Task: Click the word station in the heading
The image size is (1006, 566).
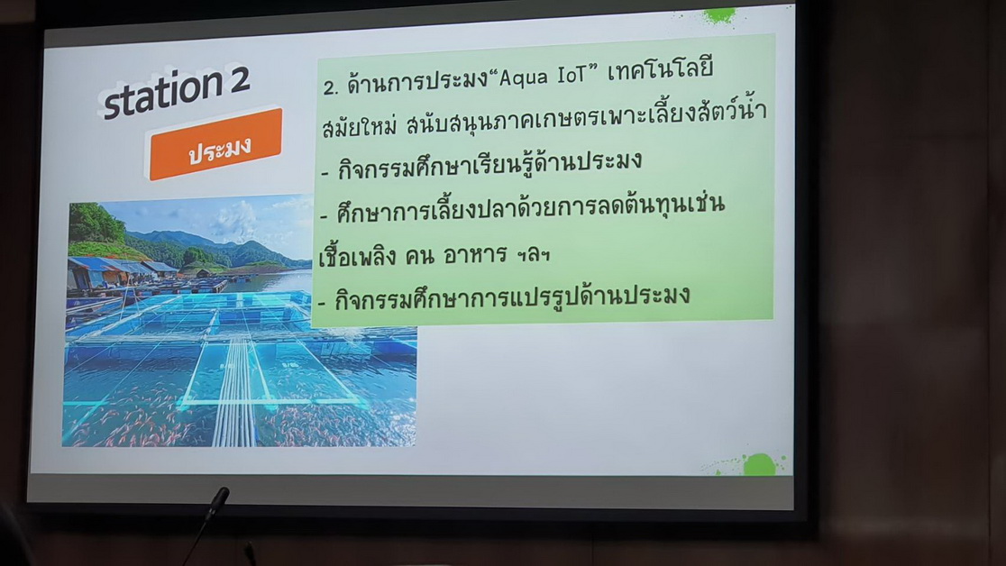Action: [162, 94]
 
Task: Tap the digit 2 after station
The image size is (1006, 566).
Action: [238, 80]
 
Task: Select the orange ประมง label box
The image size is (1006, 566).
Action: [216, 144]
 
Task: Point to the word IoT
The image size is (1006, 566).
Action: [572, 75]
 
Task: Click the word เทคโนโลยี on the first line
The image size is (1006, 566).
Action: [660, 69]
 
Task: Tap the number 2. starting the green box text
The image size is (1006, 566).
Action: [331, 87]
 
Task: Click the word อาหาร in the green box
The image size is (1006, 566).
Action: [475, 255]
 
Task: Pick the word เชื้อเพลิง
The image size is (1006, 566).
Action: [357, 256]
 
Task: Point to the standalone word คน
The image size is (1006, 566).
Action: [418, 255]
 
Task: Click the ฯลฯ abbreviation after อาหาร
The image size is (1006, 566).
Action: [533, 255]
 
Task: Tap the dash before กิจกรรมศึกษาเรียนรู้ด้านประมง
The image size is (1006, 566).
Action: [325, 173]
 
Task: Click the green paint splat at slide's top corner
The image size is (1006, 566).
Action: [718, 15]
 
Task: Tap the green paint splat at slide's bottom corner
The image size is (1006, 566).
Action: [757, 464]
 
